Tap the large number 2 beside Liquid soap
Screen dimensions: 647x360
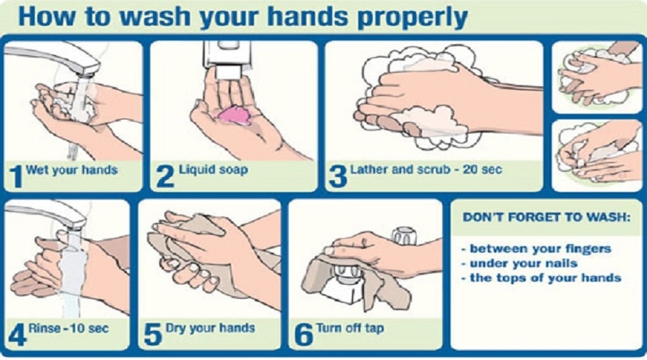pyautogui.click(x=166, y=176)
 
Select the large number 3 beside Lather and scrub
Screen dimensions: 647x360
pyautogui.click(x=337, y=176)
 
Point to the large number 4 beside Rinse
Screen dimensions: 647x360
pyautogui.click(x=17, y=335)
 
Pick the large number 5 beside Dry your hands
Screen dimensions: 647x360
pyautogui.click(x=153, y=335)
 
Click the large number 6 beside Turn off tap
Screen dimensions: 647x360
pyautogui.click(x=303, y=335)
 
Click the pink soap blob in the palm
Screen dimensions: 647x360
pyautogui.click(x=234, y=115)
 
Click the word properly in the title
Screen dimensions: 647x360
pyautogui.click(x=412, y=17)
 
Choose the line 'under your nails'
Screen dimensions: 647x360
pyautogui.click(x=519, y=263)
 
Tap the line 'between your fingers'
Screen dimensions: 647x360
pyautogui.click(x=536, y=249)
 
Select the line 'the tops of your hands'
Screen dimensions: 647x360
pyautogui.click(x=541, y=277)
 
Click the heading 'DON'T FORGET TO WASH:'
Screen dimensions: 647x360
pyautogui.click(x=547, y=217)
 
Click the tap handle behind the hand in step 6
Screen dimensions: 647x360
pyautogui.click(x=404, y=235)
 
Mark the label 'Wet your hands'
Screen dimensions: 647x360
pyautogui.click(x=71, y=170)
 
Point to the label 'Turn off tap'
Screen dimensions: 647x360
pyautogui.click(x=350, y=328)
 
